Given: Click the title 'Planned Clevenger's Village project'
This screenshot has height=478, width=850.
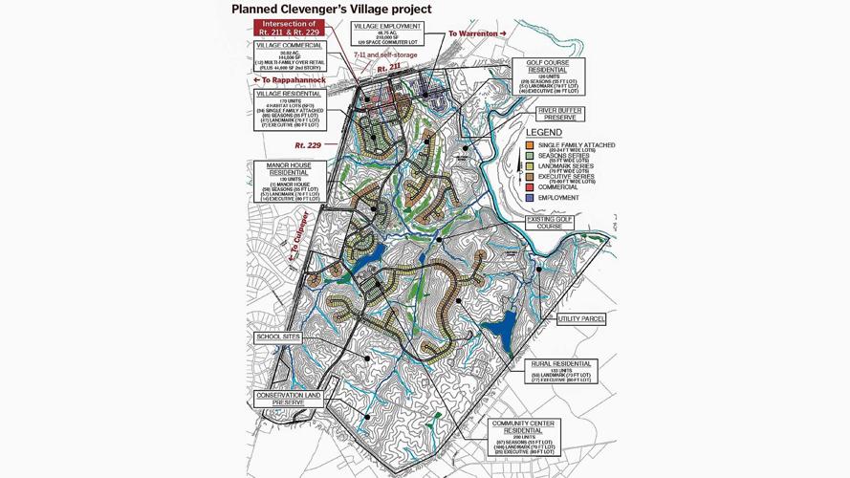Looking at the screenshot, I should click(x=331, y=10).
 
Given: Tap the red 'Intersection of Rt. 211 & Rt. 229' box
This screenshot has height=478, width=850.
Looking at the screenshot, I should click(x=289, y=28).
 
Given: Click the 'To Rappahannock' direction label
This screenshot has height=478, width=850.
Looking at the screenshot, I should click(x=290, y=80).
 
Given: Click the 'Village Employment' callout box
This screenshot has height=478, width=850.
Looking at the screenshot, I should click(x=386, y=34).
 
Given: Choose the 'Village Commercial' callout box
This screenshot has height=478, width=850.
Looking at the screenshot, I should click(x=289, y=56).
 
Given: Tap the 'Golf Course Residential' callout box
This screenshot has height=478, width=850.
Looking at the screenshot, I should click(x=555, y=76).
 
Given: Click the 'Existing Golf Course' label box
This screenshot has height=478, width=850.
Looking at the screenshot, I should click(x=549, y=223).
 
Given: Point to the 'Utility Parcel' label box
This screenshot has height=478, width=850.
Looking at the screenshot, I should click(x=581, y=319).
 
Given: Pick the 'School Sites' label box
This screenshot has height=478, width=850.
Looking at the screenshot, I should click(x=278, y=337).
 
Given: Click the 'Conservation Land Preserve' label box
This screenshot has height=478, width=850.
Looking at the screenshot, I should click(x=288, y=399).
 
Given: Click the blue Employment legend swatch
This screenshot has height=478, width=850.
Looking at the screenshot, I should click(x=530, y=198).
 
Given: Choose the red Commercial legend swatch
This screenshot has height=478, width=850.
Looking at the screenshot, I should click(x=530, y=187).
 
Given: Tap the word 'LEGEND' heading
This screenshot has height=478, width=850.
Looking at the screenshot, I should click(x=544, y=133).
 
